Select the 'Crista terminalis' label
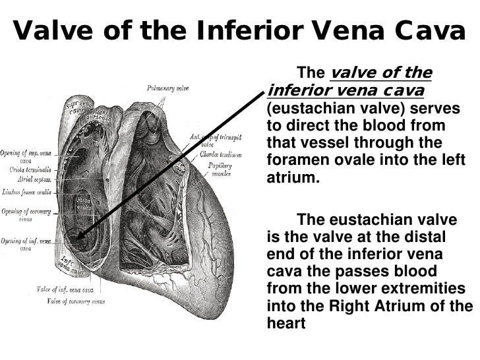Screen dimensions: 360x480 pos(22,169)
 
